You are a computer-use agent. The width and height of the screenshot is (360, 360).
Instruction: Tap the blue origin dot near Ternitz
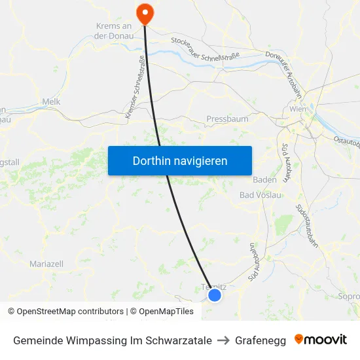(x=214, y=295)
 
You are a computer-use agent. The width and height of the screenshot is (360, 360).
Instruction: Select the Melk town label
(x=51, y=101)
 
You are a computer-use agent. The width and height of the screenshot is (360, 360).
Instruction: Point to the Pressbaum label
(x=227, y=119)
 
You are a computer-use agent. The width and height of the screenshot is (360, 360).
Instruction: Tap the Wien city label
(x=297, y=109)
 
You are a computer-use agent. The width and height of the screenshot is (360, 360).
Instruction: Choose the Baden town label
(x=264, y=179)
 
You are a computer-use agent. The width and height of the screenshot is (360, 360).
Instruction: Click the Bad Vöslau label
(x=261, y=195)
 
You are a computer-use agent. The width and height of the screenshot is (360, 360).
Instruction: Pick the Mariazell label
(x=46, y=264)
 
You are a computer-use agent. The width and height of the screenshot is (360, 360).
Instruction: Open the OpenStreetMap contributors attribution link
(x=69, y=312)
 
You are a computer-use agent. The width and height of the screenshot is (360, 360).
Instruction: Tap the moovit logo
(x=320, y=340)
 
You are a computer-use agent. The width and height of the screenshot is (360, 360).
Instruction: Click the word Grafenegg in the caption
(x=261, y=340)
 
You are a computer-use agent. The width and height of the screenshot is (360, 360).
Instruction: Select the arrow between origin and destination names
(x=223, y=340)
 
